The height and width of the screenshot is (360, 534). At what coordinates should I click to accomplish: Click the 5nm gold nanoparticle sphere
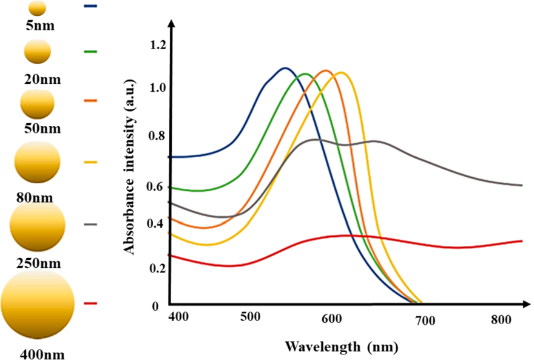tap(37, 8)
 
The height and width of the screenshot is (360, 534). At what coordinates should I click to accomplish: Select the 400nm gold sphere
tap(38, 302)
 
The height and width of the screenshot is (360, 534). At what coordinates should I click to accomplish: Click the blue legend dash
tap(91, 6)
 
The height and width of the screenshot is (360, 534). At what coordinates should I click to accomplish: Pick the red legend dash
tap(91, 302)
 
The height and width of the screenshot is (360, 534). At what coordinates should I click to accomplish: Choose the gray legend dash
tap(91, 225)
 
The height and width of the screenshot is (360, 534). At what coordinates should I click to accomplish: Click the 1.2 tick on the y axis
tap(158, 44)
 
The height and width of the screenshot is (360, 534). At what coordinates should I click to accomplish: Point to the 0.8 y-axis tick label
tap(158, 136)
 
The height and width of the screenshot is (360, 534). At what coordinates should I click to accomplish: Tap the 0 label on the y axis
tap(155, 306)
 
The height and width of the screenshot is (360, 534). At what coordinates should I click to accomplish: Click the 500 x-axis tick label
tap(250, 317)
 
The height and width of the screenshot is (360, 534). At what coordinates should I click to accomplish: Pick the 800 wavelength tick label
tap(502, 319)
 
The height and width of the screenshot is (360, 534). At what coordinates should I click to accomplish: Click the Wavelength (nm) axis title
tap(342, 347)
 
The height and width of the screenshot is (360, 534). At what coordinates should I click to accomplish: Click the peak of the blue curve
tap(285, 68)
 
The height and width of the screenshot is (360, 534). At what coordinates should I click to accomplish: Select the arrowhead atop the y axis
tap(171, 24)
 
